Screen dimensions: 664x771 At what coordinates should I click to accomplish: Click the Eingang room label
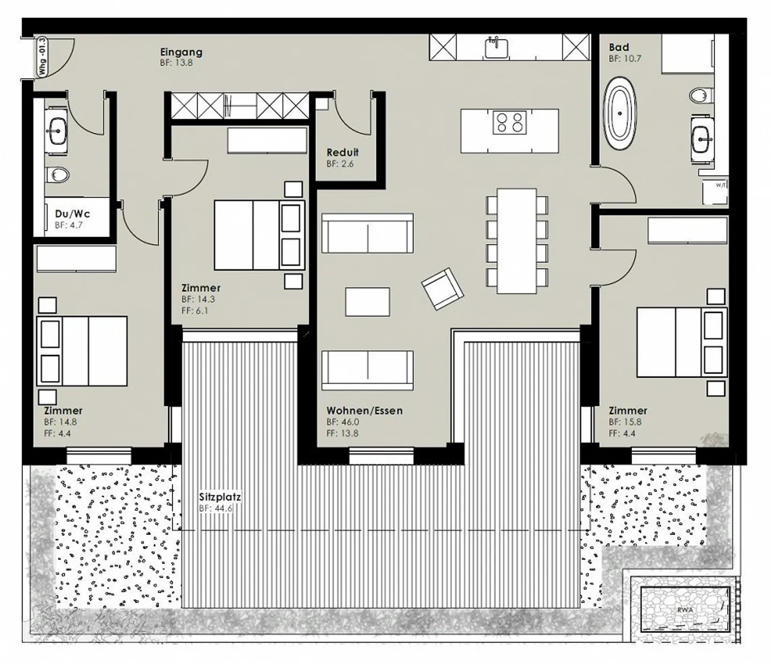pyautogui.click(x=181, y=52)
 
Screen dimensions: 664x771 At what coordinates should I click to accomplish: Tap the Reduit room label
pyautogui.click(x=343, y=153)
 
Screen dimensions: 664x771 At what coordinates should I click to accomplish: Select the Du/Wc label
pyautogui.click(x=72, y=214)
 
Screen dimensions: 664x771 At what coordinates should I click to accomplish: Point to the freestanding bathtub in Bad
pyautogui.click(x=621, y=114)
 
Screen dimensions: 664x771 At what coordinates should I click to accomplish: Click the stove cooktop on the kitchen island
pyautogui.click(x=509, y=122)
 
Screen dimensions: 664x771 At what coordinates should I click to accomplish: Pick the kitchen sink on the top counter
pyautogui.click(x=496, y=48)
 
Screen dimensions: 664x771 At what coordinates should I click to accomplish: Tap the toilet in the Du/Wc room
pyautogui.click(x=58, y=175)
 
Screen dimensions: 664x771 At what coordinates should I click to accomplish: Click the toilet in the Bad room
pyautogui.click(x=699, y=96)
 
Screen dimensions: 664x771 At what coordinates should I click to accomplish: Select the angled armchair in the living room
pyautogui.click(x=442, y=289)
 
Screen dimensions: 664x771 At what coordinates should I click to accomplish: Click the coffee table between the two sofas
pyautogui.click(x=367, y=301)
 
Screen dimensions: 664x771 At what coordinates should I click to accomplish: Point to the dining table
pyautogui.click(x=517, y=240)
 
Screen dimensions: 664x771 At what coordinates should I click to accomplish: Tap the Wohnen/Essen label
pyautogui.click(x=365, y=411)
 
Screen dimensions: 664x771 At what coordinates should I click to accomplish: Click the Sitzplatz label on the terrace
pyautogui.click(x=220, y=497)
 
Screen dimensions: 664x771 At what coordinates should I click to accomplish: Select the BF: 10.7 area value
pyautogui.click(x=625, y=58)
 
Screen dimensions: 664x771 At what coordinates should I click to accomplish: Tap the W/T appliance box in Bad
pyautogui.click(x=720, y=185)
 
